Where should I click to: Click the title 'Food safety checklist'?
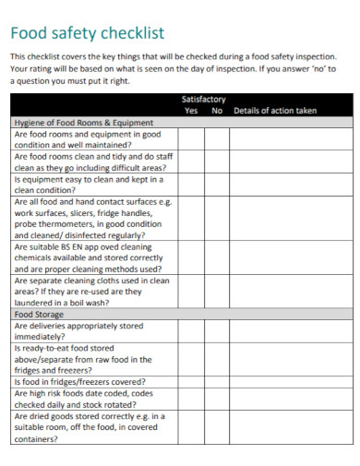(88, 33)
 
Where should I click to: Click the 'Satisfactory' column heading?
(203, 99)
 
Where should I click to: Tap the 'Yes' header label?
(192, 111)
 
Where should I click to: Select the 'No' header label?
(218, 111)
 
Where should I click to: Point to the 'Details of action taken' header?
(275, 111)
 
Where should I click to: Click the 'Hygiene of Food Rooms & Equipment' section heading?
(82, 122)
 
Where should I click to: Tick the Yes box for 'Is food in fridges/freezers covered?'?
(191, 380)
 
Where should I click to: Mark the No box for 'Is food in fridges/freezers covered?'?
(217, 380)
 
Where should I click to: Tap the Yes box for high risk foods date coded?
(191, 398)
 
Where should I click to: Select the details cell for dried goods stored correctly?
(289, 428)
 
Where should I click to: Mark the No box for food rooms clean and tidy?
(217, 162)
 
